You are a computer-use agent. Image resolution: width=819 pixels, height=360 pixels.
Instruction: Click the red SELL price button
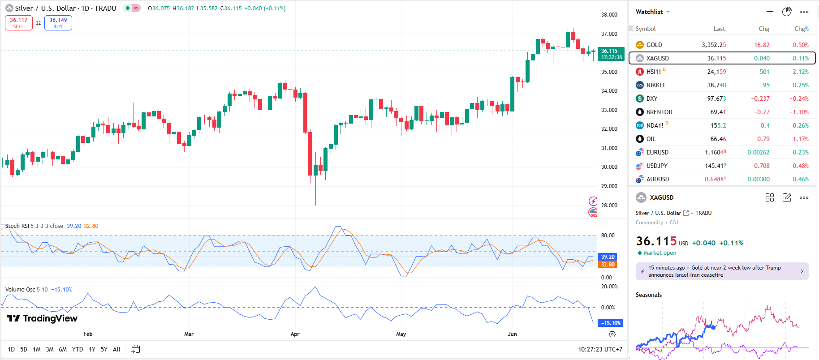point(19,23)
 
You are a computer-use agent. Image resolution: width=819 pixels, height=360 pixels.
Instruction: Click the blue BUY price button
point(58,23)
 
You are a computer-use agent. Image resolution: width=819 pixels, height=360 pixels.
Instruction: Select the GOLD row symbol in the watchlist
point(654,45)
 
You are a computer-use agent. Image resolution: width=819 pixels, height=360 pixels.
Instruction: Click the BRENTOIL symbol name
point(660,112)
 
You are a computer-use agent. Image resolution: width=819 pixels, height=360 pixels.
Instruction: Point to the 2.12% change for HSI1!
point(800,72)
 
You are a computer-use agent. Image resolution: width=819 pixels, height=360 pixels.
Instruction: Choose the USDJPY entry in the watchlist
point(656,166)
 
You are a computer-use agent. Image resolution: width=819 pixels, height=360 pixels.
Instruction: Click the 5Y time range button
point(104,349)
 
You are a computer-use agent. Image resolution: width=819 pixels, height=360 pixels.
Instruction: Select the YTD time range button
point(78,349)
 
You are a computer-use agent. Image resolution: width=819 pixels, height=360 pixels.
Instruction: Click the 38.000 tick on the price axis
point(609,15)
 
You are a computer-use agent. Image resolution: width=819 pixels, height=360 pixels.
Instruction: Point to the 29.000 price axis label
point(609,186)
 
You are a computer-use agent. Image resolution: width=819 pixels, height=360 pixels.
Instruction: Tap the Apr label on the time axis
point(295,334)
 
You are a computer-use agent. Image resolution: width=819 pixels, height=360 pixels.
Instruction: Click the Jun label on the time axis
point(512,334)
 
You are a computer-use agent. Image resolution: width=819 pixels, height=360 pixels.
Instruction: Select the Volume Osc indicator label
point(20,290)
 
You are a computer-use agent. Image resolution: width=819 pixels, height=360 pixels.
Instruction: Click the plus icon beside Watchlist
point(770,12)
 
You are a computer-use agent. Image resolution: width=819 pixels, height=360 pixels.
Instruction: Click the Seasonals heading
point(648,295)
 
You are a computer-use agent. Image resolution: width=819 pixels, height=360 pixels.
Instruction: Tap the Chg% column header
point(801,29)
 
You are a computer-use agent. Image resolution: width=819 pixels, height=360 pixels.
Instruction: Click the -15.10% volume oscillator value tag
point(611,323)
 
